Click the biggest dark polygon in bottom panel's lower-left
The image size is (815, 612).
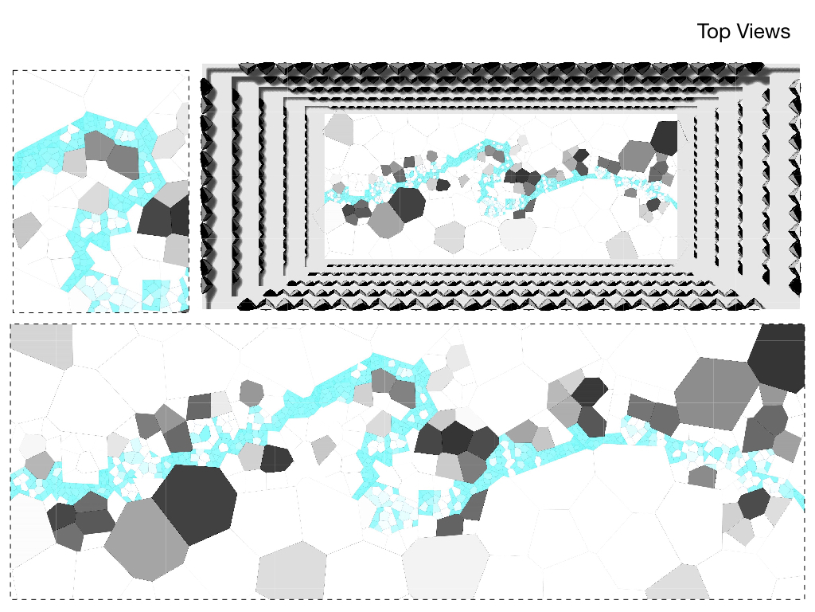coord(195,502)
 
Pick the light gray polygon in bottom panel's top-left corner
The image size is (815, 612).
coord(40,344)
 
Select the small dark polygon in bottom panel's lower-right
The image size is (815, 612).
coord(754,504)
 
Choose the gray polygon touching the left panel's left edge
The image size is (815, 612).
coord(25,229)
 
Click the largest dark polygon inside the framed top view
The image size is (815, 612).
coord(407,204)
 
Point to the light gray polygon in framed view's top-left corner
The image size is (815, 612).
coord(340,127)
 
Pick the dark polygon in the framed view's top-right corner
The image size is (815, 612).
coord(665,136)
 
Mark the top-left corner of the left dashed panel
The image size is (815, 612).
coord(13,70)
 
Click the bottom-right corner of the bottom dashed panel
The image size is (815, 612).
coord(805,598)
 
